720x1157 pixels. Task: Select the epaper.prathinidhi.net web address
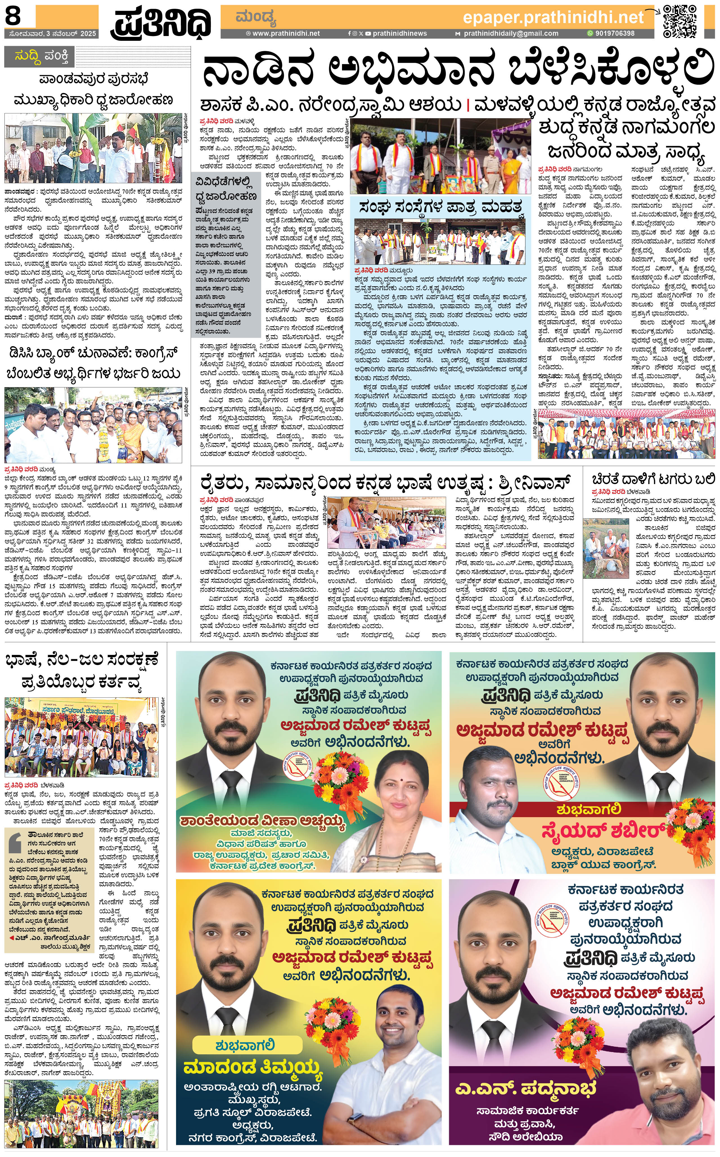coord(553,18)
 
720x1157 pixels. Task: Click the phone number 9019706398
coord(614,33)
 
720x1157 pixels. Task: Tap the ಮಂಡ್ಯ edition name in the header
coord(256,18)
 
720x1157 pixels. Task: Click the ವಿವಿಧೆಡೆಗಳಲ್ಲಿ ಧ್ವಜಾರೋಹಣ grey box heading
coord(226,189)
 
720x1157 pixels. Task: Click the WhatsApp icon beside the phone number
coord(590,33)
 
